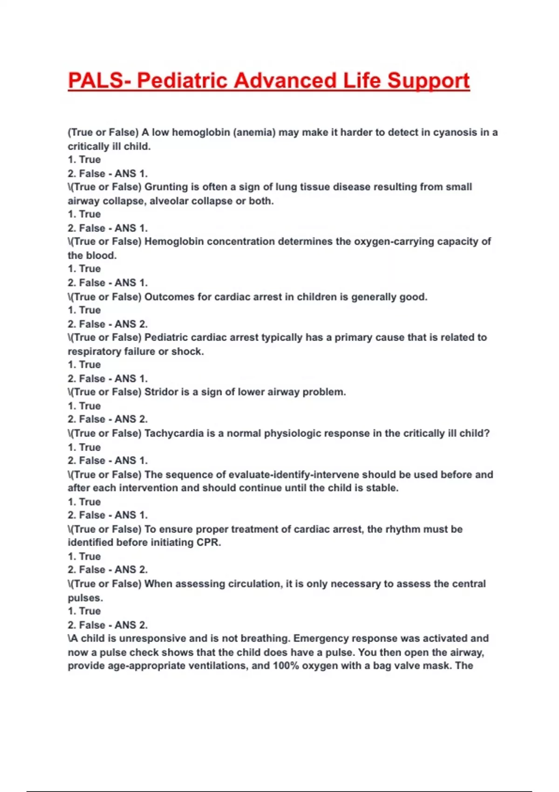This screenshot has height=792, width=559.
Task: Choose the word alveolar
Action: (168, 201)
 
